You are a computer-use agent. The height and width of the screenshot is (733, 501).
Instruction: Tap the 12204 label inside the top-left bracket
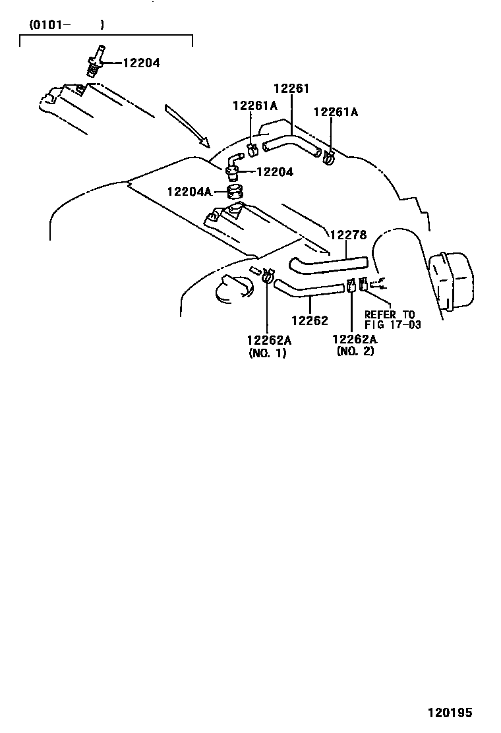tap(141, 63)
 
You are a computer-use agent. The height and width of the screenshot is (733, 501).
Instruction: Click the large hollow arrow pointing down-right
tap(187, 125)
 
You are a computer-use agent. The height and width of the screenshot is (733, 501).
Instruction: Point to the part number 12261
tap(291, 89)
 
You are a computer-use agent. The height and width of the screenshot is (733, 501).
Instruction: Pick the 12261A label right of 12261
tap(336, 112)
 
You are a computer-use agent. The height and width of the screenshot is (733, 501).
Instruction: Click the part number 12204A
tap(189, 192)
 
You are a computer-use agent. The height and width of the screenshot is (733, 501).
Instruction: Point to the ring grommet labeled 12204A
tap(234, 193)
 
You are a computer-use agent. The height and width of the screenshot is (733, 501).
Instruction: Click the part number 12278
tap(347, 234)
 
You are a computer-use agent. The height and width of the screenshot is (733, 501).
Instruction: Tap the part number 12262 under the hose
tap(310, 320)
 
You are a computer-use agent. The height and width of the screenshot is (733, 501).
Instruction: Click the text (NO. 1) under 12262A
tap(268, 353)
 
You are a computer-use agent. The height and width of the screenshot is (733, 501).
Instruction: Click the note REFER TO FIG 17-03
tap(392, 320)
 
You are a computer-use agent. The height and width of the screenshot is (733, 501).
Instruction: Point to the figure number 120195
tap(451, 713)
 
